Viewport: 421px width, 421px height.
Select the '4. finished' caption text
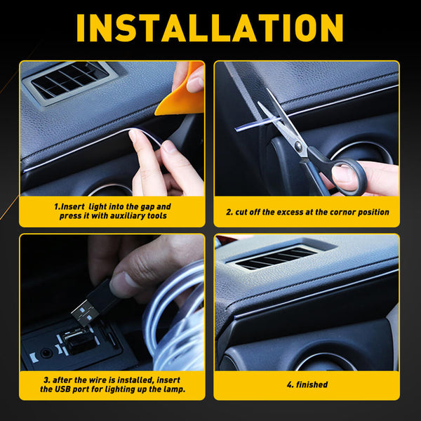tap(307, 385)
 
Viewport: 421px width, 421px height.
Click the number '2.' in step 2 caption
tap(229, 212)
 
